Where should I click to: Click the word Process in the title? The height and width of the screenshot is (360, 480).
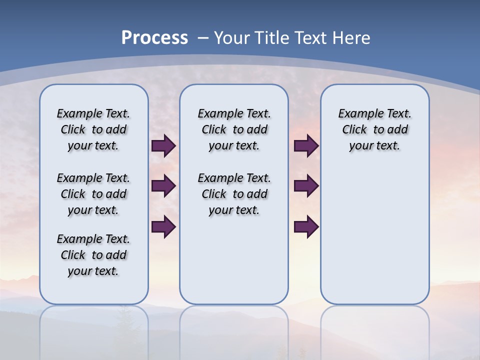pos(154,37)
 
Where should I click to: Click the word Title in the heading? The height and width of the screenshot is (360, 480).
pos(270,37)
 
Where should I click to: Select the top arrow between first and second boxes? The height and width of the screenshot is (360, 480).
pos(163,145)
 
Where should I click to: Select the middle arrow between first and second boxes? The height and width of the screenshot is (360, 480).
pos(163,186)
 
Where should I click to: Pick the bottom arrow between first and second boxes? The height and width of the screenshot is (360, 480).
pos(163,226)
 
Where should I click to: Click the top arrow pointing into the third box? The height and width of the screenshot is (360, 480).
pos(306,145)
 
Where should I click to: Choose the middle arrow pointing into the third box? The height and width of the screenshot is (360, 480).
pos(306,186)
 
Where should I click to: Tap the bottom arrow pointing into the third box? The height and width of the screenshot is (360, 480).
pos(306,226)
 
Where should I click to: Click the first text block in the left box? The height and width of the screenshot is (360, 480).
pos(93,129)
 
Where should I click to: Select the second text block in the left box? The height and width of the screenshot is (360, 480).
pos(93,194)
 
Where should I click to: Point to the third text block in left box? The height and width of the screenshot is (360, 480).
pos(93,255)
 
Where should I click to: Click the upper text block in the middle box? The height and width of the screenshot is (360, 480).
pos(234,129)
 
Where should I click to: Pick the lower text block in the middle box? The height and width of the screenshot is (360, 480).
pos(234,194)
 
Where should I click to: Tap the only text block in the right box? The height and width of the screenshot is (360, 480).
pos(374,129)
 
